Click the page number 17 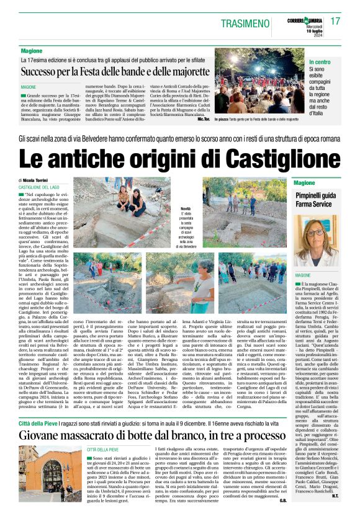[335, 21]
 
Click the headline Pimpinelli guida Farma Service [316, 200]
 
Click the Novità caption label [186, 209]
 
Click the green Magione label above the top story [32, 50]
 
